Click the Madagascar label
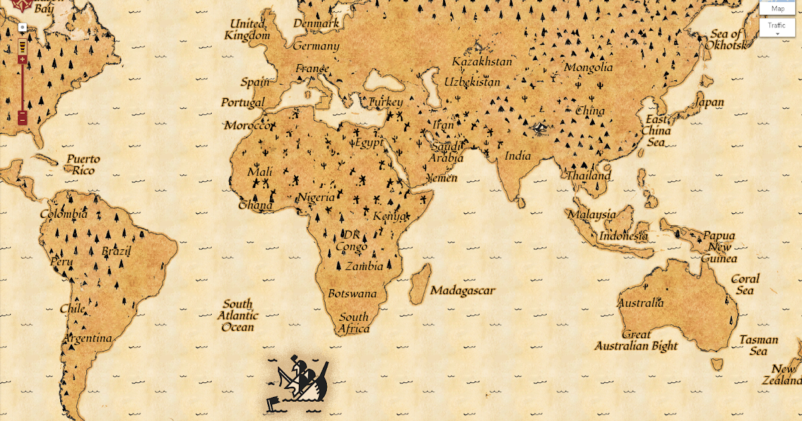(x=462, y=291)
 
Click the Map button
(x=777, y=8)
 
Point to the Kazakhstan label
(x=482, y=61)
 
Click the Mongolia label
(x=588, y=67)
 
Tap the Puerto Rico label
(x=84, y=164)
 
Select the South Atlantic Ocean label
(x=239, y=315)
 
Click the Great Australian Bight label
(x=636, y=340)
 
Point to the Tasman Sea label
(x=759, y=345)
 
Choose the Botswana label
(x=352, y=293)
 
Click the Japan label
(x=709, y=102)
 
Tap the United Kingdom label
(x=247, y=30)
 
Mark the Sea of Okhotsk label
(x=726, y=39)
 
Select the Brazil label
(x=116, y=251)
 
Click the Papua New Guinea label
(x=719, y=247)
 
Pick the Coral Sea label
(x=745, y=284)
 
